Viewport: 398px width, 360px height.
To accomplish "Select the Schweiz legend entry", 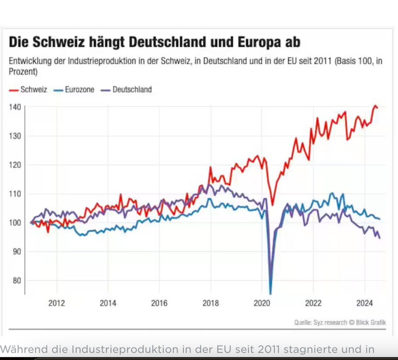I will point(33,90).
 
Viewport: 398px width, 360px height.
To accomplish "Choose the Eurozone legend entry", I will point(79,90).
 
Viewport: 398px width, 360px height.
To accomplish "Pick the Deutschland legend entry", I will point(132,90).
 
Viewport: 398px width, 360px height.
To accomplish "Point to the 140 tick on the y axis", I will point(15,107).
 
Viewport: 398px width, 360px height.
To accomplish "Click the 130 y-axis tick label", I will point(15,136).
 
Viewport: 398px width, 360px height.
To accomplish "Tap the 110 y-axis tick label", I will point(15,194).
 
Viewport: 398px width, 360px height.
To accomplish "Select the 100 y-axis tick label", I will point(15,223).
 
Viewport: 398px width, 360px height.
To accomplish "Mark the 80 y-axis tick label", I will point(16,281).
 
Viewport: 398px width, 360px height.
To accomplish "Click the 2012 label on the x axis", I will point(57,303).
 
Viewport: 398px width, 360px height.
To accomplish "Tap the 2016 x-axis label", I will point(159,303).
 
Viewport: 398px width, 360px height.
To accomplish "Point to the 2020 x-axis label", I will point(262,303).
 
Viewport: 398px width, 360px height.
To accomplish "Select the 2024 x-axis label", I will point(365,303).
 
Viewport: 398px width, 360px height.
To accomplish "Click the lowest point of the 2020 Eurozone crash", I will point(271,294).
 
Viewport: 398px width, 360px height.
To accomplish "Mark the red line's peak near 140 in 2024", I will point(375,106).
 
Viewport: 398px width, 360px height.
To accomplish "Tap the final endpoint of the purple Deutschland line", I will point(379,238).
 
